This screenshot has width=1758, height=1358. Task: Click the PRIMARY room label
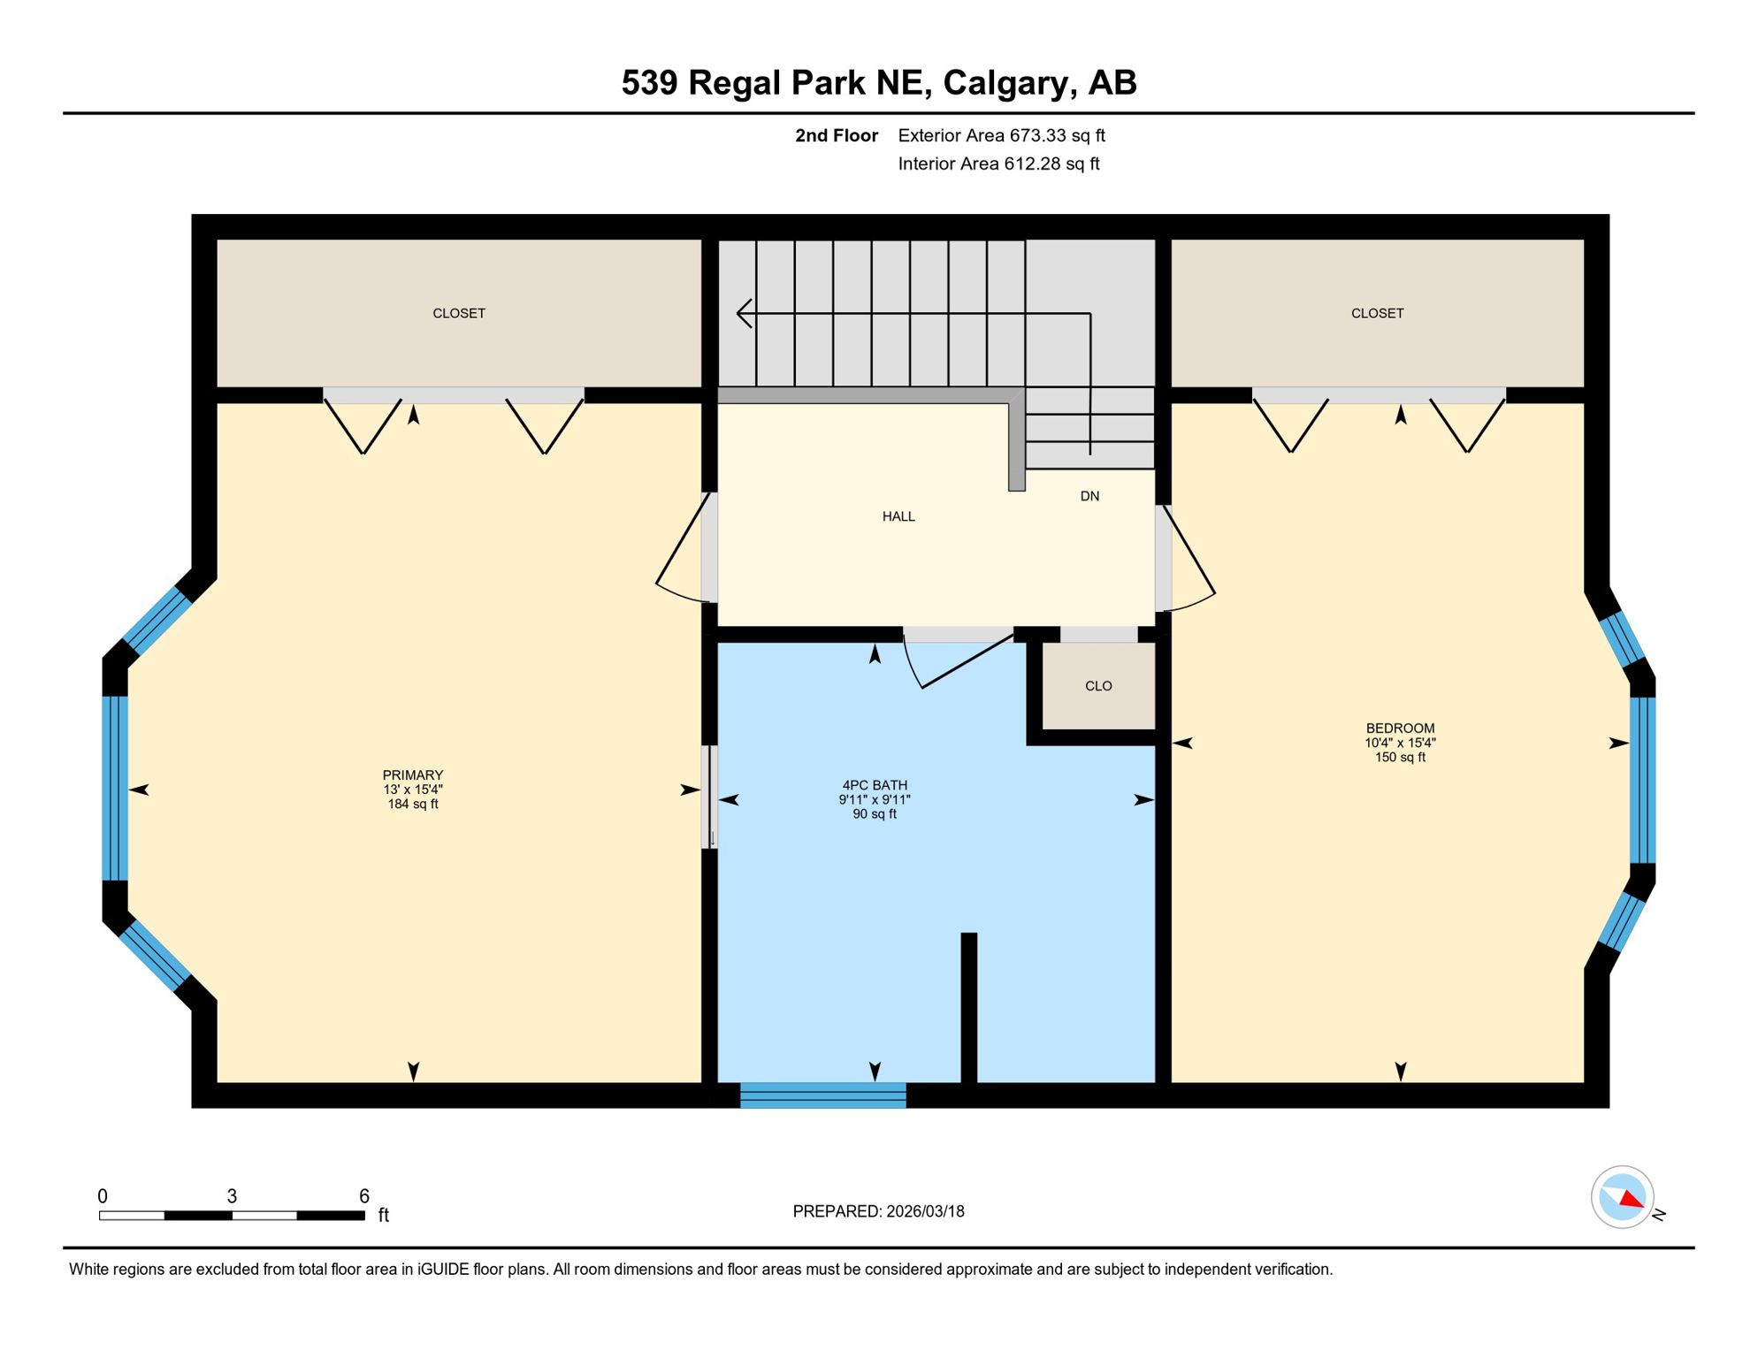412,775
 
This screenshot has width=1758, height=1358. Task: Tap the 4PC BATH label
874,785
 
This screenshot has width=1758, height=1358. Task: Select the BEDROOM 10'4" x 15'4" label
1399,743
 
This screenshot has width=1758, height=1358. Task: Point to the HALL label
898,516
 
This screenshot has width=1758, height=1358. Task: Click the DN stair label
1089,496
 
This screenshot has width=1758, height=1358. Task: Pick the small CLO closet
1097,686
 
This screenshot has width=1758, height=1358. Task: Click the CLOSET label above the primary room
458,313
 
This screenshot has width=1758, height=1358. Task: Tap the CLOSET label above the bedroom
1376,313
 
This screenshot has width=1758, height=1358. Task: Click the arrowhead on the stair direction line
744,313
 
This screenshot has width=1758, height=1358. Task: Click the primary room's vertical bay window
115,788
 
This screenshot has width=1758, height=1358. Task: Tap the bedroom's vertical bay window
1641,780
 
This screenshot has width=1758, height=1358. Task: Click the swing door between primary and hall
683,548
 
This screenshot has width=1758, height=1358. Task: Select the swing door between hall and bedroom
1188,557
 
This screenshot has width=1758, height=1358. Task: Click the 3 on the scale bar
232,1196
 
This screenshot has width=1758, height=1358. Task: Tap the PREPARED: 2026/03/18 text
877,1211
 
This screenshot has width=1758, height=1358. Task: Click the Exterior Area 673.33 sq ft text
1000,135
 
